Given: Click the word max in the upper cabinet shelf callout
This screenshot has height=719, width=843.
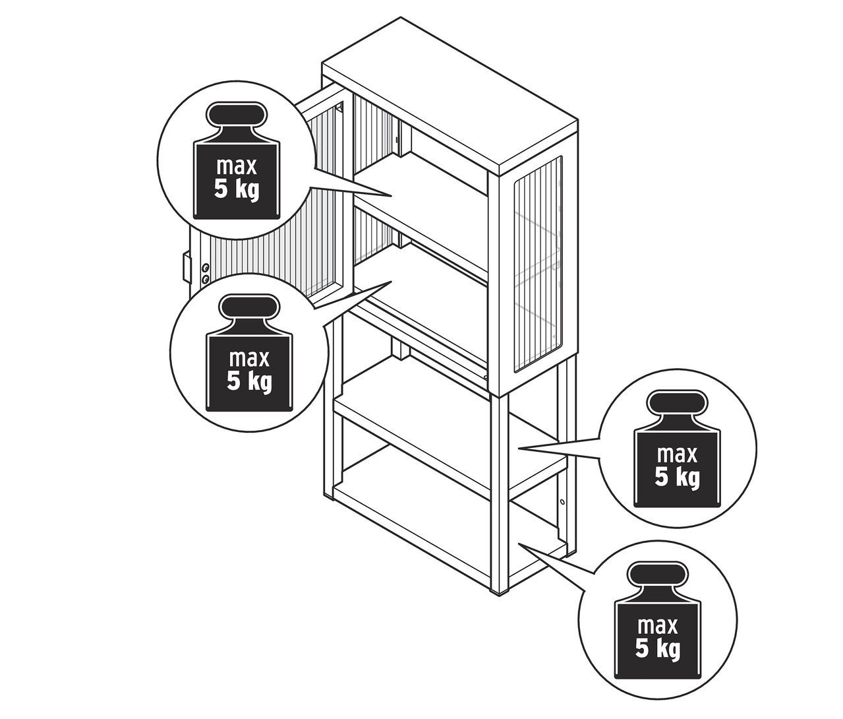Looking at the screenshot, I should pos(236,164).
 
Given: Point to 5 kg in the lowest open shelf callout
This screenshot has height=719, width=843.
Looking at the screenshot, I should pos(658,650).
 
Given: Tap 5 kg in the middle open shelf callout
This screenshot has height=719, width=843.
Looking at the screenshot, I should pos(677,478).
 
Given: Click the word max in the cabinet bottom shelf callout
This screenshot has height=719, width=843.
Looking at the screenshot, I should pos(249,359).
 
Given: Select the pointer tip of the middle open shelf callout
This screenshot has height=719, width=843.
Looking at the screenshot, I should pos(519,449).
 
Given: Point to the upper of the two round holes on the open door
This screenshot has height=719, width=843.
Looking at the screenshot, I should pos(206,267).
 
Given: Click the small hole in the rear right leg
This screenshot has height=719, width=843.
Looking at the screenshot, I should pos(562,502).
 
